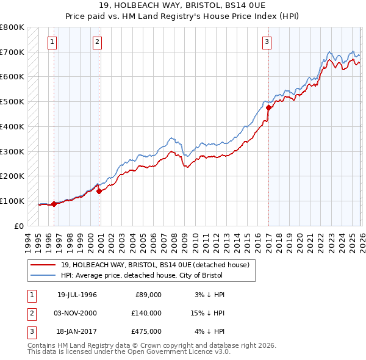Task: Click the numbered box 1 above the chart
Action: pyautogui.click(x=52, y=42)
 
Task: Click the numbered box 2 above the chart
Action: pyautogui.click(x=98, y=42)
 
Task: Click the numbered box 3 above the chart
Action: pyautogui.click(x=267, y=42)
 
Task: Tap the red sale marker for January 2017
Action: pyautogui.click(x=268, y=107)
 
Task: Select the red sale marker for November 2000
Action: pyautogui.click(x=99, y=190)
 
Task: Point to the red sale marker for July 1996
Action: pyautogui.click(x=54, y=204)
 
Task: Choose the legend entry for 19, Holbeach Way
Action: pyautogui.click(x=155, y=265)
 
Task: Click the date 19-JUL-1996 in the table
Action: pyautogui.click(x=77, y=295)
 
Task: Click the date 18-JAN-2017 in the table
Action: pyautogui.click(x=77, y=331)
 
